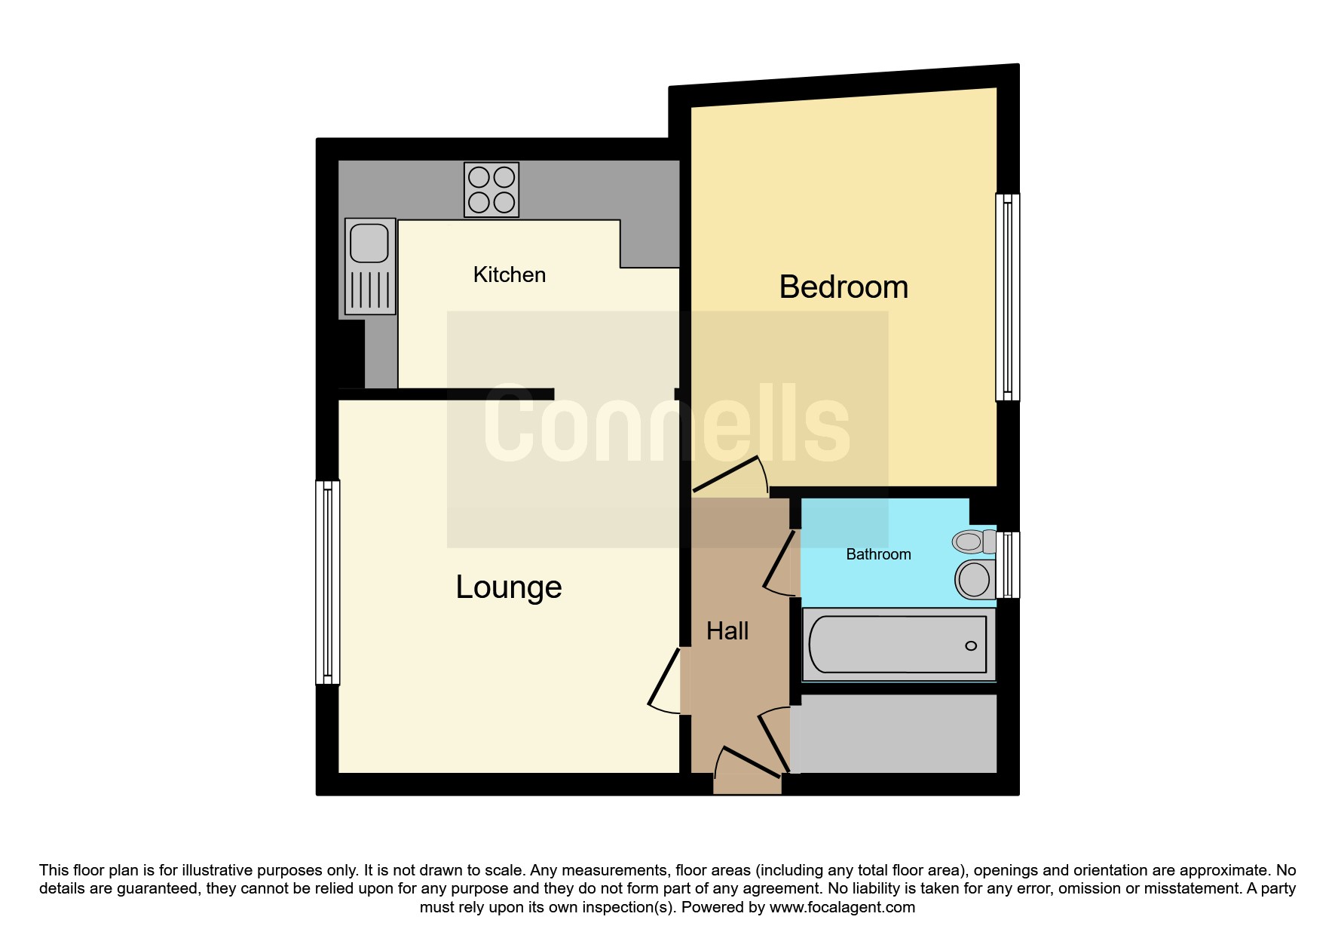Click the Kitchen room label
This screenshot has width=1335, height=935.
pos(509,274)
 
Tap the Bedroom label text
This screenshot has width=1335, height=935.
pos(844,287)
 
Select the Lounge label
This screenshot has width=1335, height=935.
pos(509,587)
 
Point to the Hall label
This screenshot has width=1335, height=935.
pos(727,630)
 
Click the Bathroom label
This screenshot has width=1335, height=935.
pos(878,554)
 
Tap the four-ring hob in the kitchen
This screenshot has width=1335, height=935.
pos(491,190)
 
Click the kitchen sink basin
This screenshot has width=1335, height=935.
pos(369,244)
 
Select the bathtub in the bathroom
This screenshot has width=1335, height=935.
pos(898,645)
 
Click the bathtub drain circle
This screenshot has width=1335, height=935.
pos(971,645)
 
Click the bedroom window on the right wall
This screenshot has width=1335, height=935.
pos(1008,297)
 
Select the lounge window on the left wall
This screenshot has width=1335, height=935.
pos(328,582)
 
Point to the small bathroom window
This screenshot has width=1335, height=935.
pos(1008,565)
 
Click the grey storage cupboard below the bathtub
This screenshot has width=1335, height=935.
pos(894,734)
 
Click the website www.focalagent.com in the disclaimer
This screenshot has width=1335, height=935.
pos(842,907)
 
